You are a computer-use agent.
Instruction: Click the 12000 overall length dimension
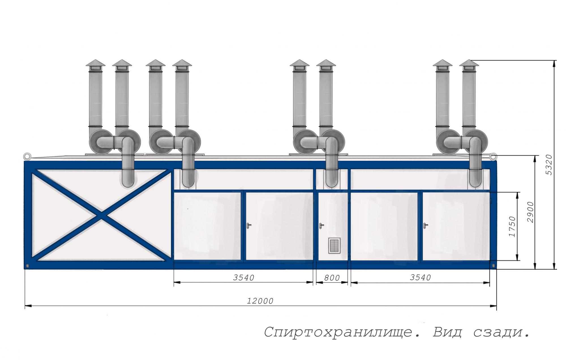click(260, 301)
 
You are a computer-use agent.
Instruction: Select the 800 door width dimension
click(332, 278)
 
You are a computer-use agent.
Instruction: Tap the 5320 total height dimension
click(548, 165)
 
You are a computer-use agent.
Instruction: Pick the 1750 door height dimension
click(512, 226)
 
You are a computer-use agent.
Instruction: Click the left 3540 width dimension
click(243, 278)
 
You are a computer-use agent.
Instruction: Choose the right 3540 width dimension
click(420, 278)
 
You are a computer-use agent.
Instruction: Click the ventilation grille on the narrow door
click(334, 246)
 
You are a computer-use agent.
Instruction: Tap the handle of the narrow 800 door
click(321, 226)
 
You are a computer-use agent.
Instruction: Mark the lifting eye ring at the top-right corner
click(493, 156)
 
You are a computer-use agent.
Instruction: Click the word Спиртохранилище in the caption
click(338, 332)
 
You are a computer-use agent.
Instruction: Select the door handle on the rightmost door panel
click(425, 226)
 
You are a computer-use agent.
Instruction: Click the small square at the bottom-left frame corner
click(27, 266)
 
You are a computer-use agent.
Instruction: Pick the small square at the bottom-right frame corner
click(494, 266)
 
